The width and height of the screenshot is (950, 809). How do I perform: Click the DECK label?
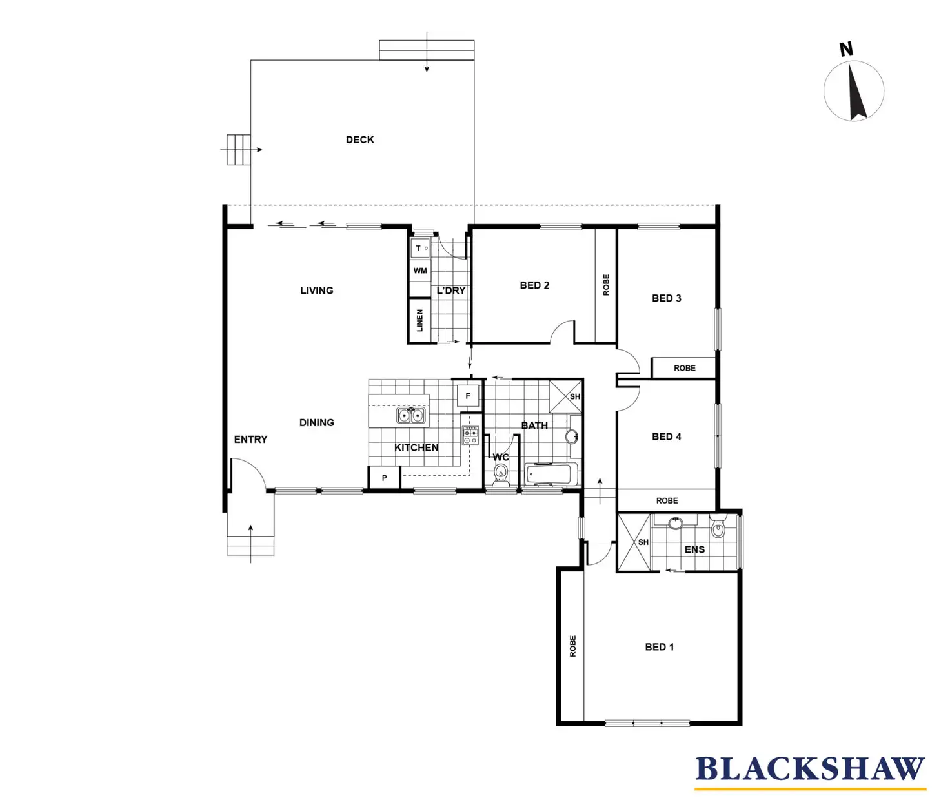click(x=360, y=140)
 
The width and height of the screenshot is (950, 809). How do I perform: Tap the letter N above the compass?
click(x=846, y=49)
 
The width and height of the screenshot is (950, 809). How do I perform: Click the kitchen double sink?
click(x=410, y=415)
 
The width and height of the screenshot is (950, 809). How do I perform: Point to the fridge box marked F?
click(x=469, y=396)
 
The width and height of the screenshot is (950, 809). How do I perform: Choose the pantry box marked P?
click(x=384, y=478)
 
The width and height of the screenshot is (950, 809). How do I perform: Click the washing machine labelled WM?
click(x=420, y=271)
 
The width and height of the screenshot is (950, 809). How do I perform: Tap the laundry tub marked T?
click(x=420, y=249)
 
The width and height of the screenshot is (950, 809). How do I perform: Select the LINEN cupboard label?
click(x=419, y=320)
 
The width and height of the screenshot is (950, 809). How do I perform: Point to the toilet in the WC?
click(x=501, y=475)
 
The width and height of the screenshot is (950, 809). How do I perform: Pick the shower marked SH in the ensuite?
click(x=634, y=542)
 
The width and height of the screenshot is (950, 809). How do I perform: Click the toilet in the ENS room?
click(x=718, y=527)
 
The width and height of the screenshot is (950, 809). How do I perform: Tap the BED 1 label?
click(x=660, y=647)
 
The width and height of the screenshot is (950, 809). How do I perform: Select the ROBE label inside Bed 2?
click(x=606, y=285)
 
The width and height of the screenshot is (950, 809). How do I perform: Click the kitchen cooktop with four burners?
click(x=470, y=436)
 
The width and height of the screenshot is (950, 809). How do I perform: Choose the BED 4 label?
click(x=667, y=436)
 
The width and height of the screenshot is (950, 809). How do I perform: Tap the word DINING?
click(x=317, y=423)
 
